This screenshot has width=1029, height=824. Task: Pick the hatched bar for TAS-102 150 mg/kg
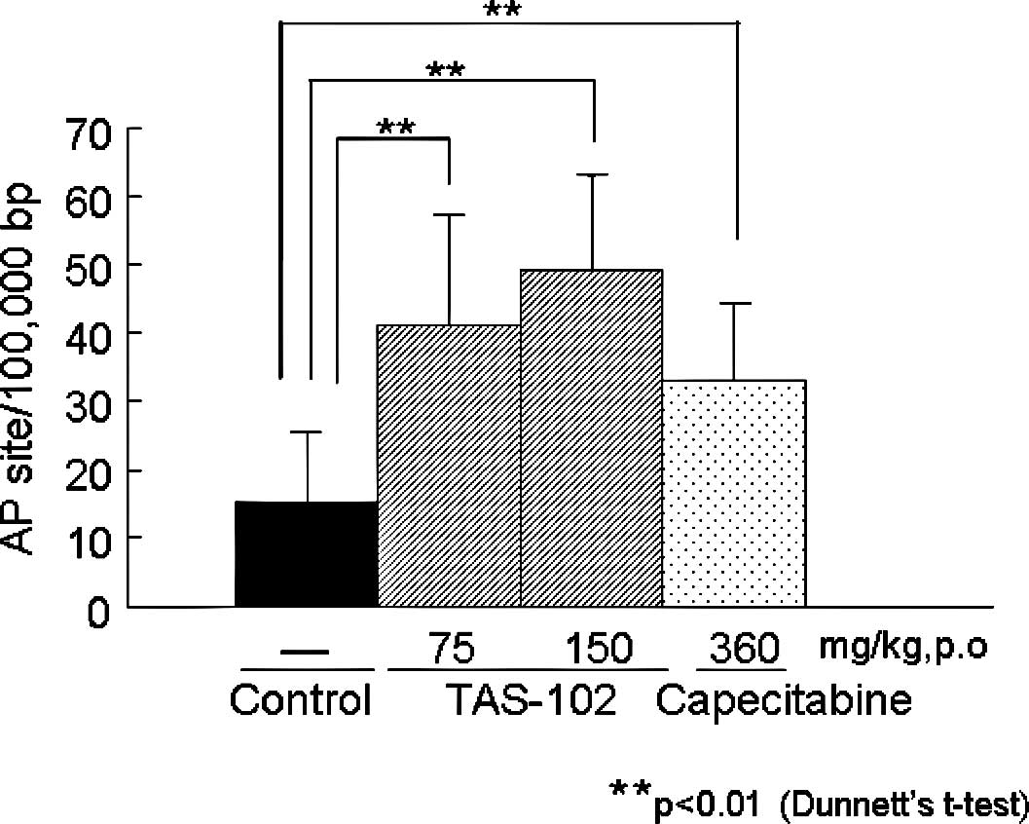(x=592, y=438)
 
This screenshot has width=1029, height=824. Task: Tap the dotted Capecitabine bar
(x=734, y=493)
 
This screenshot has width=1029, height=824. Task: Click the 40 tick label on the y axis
(x=90, y=333)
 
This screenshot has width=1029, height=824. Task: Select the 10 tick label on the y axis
(x=90, y=538)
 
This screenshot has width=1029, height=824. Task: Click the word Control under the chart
(x=302, y=700)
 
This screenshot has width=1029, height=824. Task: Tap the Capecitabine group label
(x=784, y=700)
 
